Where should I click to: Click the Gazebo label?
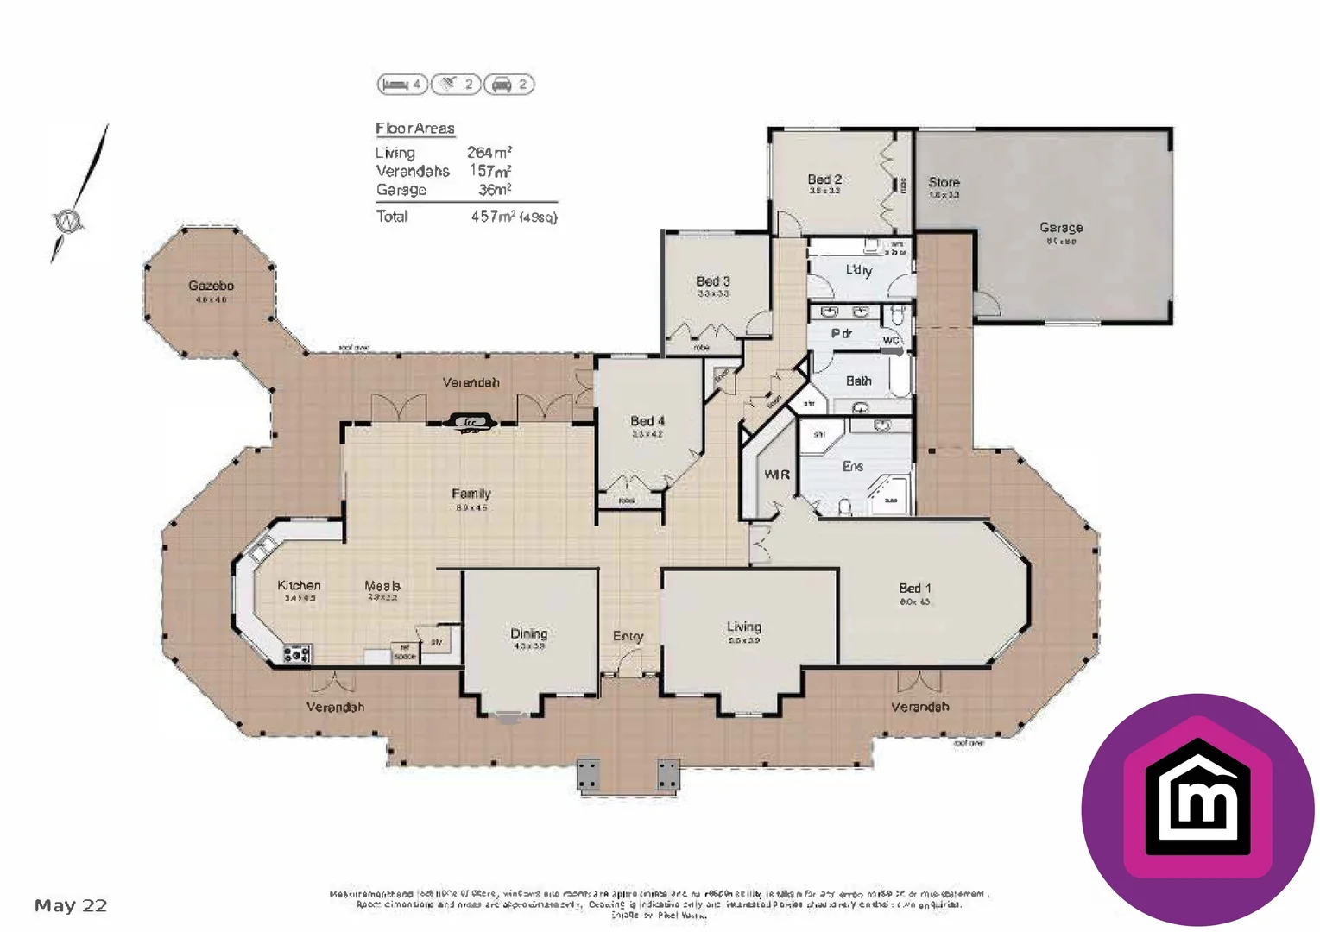coord(211,286)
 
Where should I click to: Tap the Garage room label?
coord(1060,228)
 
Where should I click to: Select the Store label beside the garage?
coord(944,182)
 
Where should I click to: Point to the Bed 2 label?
coord(824,179)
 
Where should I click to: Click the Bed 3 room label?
coord(713,281)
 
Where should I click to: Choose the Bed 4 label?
coord(647,421)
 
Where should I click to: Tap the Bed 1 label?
coord(914,589)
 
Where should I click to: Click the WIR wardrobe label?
coord(776,475)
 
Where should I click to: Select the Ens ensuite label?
coord(852,466)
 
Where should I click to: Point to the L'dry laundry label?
coord(858,270)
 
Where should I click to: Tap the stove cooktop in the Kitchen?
coord(297,654)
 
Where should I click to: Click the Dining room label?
coord(528,633)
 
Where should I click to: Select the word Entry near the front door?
coord(628,636)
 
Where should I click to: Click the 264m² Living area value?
coord(489,153)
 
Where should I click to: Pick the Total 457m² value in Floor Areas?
coord(493,217)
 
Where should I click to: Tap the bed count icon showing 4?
coord(402,84)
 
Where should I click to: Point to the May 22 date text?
coord(71,905)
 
